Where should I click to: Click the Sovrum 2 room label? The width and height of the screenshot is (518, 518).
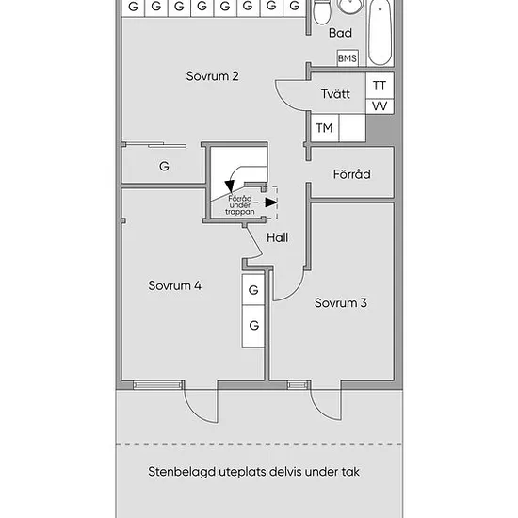tap(212, 76)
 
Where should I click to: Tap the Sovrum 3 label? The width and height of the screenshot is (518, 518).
tap(341, 303)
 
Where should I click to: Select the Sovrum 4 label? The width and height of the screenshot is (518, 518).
tap(175, 285)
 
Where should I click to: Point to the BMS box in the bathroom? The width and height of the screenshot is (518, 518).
tap(348, 58)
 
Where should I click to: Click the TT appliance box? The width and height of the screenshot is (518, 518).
tap(380, 86)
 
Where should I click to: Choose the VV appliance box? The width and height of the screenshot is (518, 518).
tap(380, 106)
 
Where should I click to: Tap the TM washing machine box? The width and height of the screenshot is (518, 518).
tap(324, 128)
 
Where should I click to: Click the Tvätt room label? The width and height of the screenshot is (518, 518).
tap(335, 94)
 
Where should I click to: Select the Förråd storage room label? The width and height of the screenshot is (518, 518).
tap(352, 174)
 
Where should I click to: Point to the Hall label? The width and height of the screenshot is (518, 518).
tap(277, 237)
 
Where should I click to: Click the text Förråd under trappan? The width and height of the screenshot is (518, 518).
tap(240, 205)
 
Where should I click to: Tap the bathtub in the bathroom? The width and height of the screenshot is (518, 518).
tap(380, 32)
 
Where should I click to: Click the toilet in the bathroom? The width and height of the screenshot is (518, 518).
tap(322, 12)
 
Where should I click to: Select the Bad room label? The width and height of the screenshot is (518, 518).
tap(340, 33)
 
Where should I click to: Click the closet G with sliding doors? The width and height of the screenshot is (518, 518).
tap(164, 165)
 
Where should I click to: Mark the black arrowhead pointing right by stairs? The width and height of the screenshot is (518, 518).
tap(271, 202)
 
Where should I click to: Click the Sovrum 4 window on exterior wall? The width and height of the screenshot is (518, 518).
tap(157, 385)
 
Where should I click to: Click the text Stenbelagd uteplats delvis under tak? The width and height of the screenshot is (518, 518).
tap(253, 472)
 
